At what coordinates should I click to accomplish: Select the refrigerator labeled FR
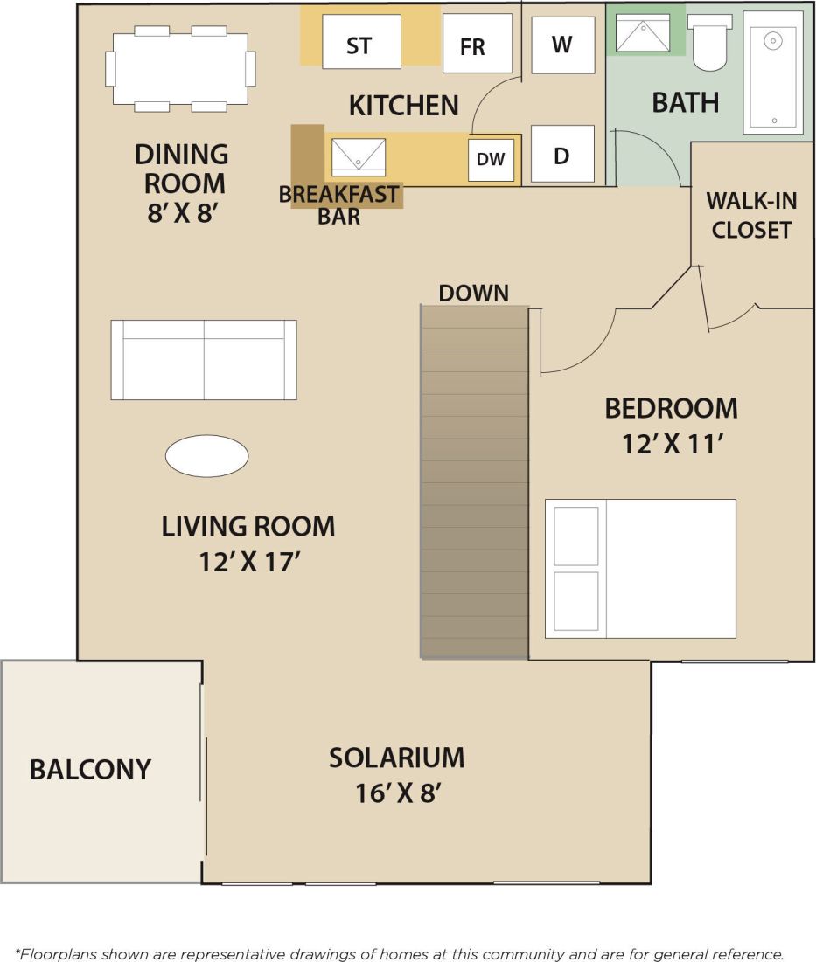(477, 44)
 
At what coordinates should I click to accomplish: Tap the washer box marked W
(562, 45)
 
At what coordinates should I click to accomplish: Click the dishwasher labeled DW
(491, 160)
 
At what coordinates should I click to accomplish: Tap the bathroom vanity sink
(643, 33)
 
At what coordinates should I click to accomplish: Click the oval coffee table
(207, 456)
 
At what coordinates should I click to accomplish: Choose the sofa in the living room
(203, 359)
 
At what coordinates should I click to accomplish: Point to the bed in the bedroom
(640, 568)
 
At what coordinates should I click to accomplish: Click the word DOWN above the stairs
(473, 293)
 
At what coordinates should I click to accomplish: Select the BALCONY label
(90, 770)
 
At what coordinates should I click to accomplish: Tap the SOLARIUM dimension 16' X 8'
(396, 793)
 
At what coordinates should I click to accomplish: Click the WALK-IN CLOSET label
(751, 215)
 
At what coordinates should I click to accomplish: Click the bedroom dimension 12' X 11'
(671, 444)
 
